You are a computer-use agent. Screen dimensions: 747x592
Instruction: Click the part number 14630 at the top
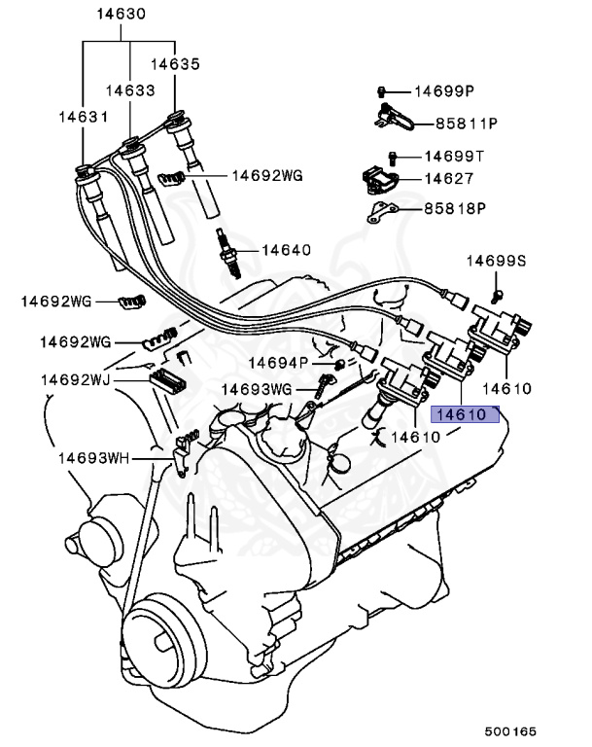point(121,15)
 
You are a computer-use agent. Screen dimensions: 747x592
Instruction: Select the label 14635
point(175,64)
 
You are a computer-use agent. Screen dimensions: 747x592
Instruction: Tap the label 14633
point(131,89)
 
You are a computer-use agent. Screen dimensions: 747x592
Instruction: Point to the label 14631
point(82,115)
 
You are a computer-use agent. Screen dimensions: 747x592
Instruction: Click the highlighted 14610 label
point(466,414)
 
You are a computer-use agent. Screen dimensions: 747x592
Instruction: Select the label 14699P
point(443,91)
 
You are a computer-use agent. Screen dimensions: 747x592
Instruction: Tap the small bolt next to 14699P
point(383,91)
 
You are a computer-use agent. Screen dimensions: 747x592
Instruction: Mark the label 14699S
point(495,261)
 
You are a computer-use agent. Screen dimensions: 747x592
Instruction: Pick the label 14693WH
point(92,456)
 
